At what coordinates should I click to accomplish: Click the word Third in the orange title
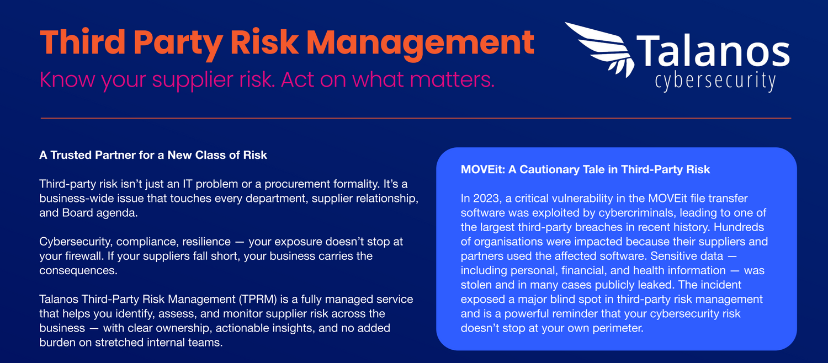coord(83,42)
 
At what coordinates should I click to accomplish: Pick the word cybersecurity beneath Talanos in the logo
coord(715,81)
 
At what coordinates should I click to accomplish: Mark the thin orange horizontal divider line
coord(416,118)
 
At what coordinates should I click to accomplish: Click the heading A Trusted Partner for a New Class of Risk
coord(153,155)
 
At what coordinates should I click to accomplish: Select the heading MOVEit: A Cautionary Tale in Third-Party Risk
coord(585,169)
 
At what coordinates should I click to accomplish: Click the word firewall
coord(84,256)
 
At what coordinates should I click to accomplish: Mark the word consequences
coord(78,271)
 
